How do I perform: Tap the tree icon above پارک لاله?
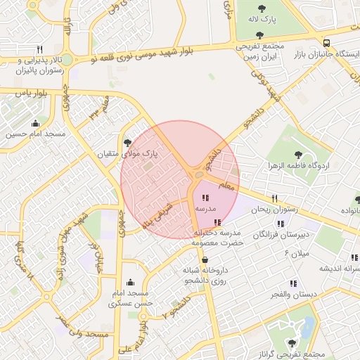tap(262, 8)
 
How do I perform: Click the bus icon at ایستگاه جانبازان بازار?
tap(325, 43)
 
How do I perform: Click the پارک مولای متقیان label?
tap(127, 153)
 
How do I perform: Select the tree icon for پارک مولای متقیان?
tap(127, 142)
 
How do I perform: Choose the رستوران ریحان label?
tap(276, 209)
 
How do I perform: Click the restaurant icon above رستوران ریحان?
tap(275, 198)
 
